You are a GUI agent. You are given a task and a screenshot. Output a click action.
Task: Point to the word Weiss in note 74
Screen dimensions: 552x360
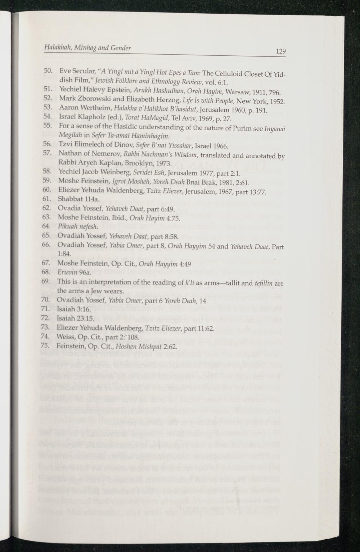click(65, 337)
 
